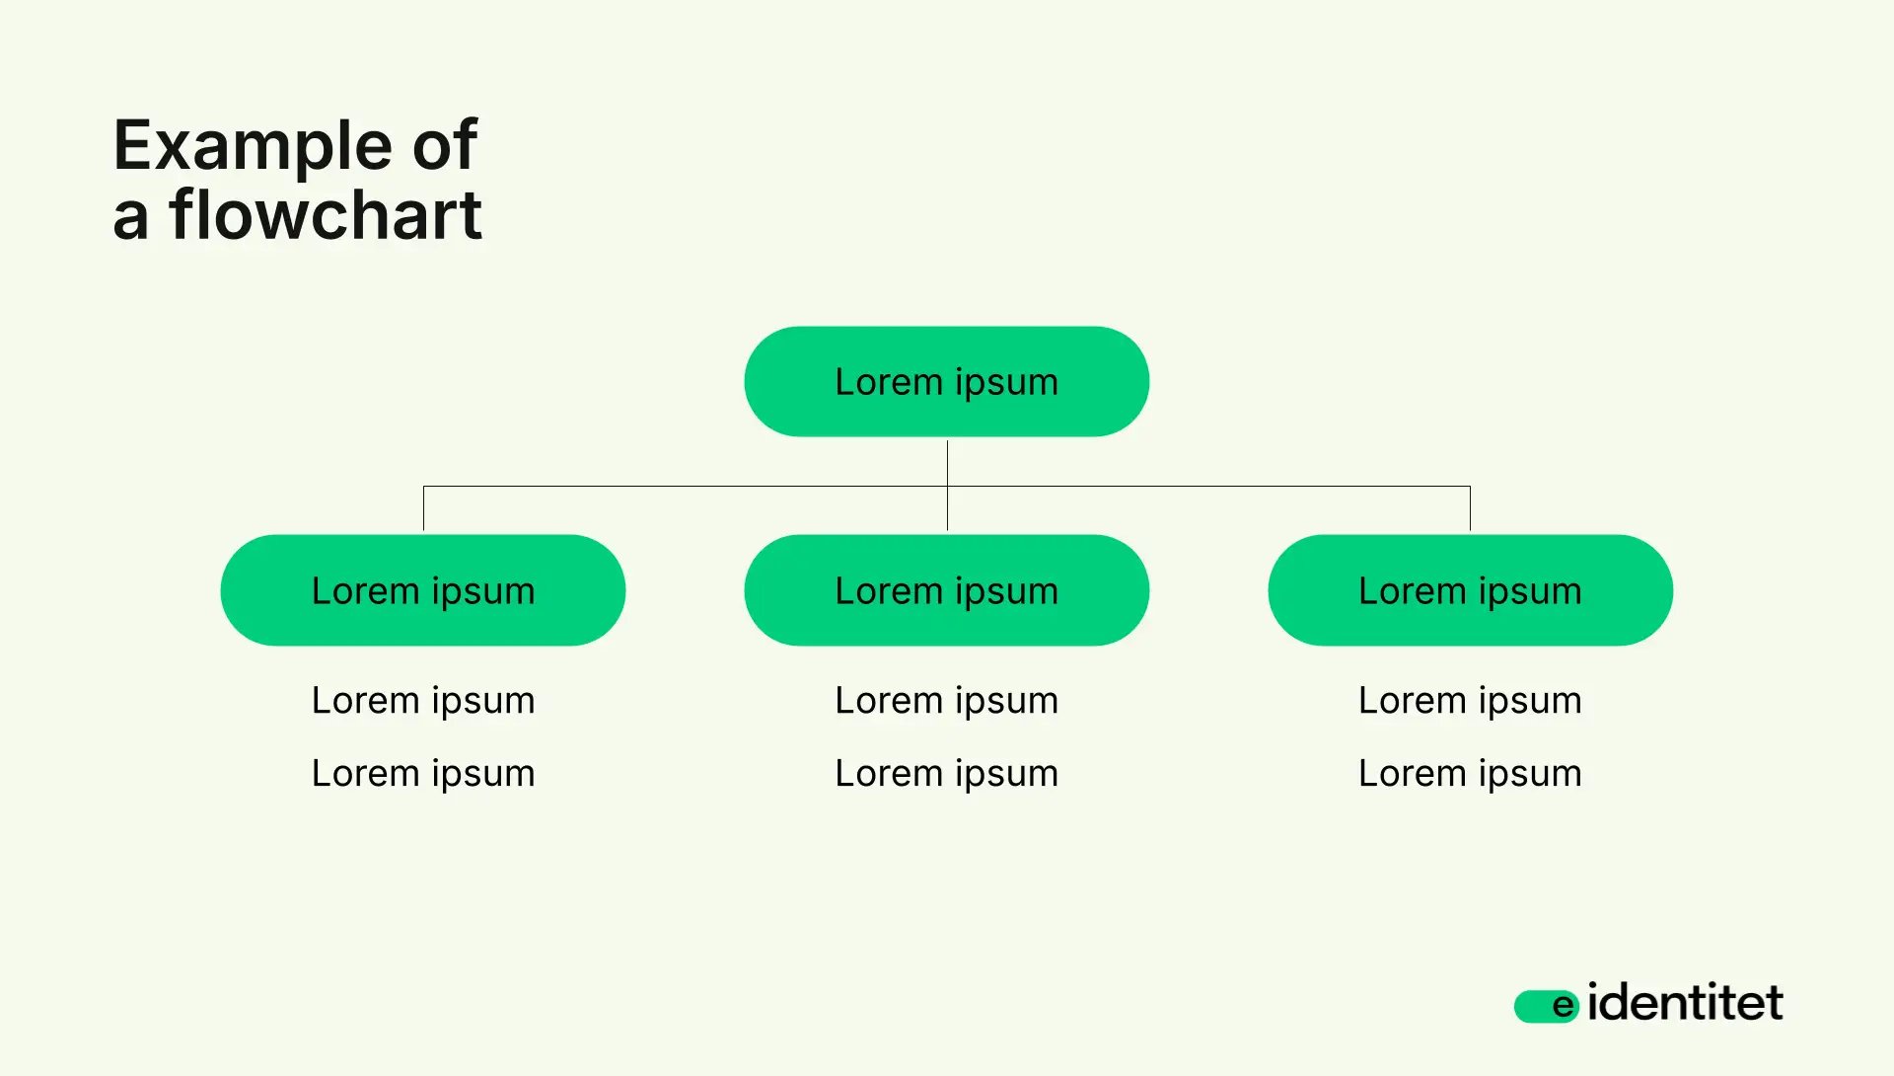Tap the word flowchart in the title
pos(326,215)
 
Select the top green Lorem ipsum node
pos(946,382)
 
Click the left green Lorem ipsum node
pos(422,590)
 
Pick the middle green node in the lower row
pos(946,590)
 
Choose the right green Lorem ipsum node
pos(1470,590)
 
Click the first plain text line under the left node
pos(422,701)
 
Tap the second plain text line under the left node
pos(422,774)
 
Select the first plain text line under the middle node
pos(946,701)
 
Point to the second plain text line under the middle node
pos(946,774)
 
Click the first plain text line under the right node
pos(1470,701)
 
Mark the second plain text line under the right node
pos(1470,774)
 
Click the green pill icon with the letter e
pos(1546,1006)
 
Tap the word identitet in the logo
pos(1685,1003)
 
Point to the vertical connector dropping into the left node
pos(423,508)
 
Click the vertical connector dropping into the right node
pos(1470,508)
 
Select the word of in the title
pos(445,146)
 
